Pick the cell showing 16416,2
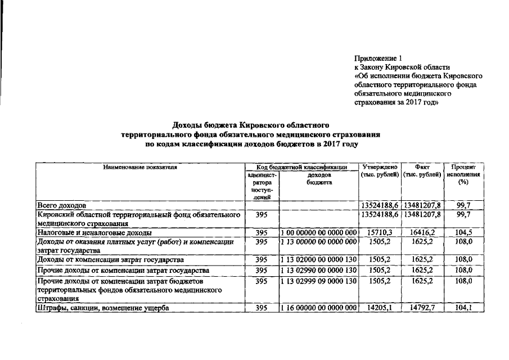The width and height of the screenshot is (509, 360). (422, 232)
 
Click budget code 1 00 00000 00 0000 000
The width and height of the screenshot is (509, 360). (319, 232)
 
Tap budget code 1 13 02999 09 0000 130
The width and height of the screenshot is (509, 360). (319, 280)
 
